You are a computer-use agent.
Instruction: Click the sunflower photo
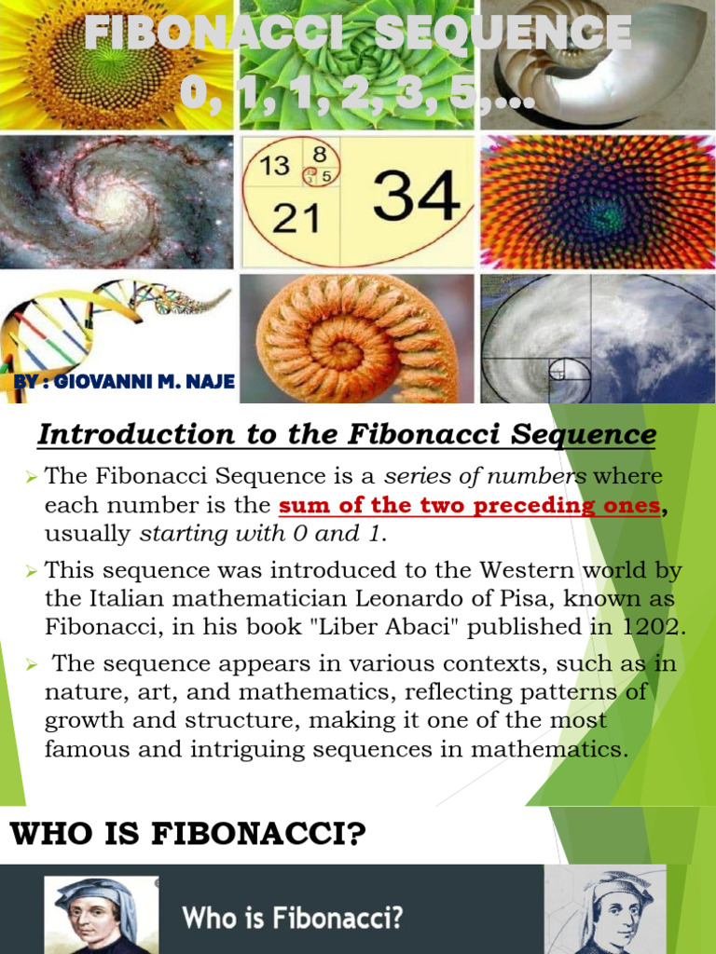(116, 65)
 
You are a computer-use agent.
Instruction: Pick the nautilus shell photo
(597, 65)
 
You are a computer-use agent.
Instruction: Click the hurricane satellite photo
(597, 338)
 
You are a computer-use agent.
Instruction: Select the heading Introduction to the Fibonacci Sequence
(346, 434)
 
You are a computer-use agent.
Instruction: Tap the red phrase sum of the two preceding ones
(469, 506)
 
